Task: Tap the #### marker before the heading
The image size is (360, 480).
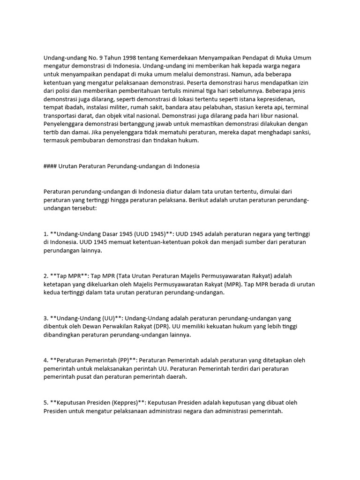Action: [x=51, y=166]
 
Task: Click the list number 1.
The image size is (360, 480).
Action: [x=45, y=233]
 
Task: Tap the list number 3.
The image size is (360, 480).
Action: [x=45, y=318]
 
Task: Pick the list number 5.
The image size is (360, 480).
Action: [x=45, y=403]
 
